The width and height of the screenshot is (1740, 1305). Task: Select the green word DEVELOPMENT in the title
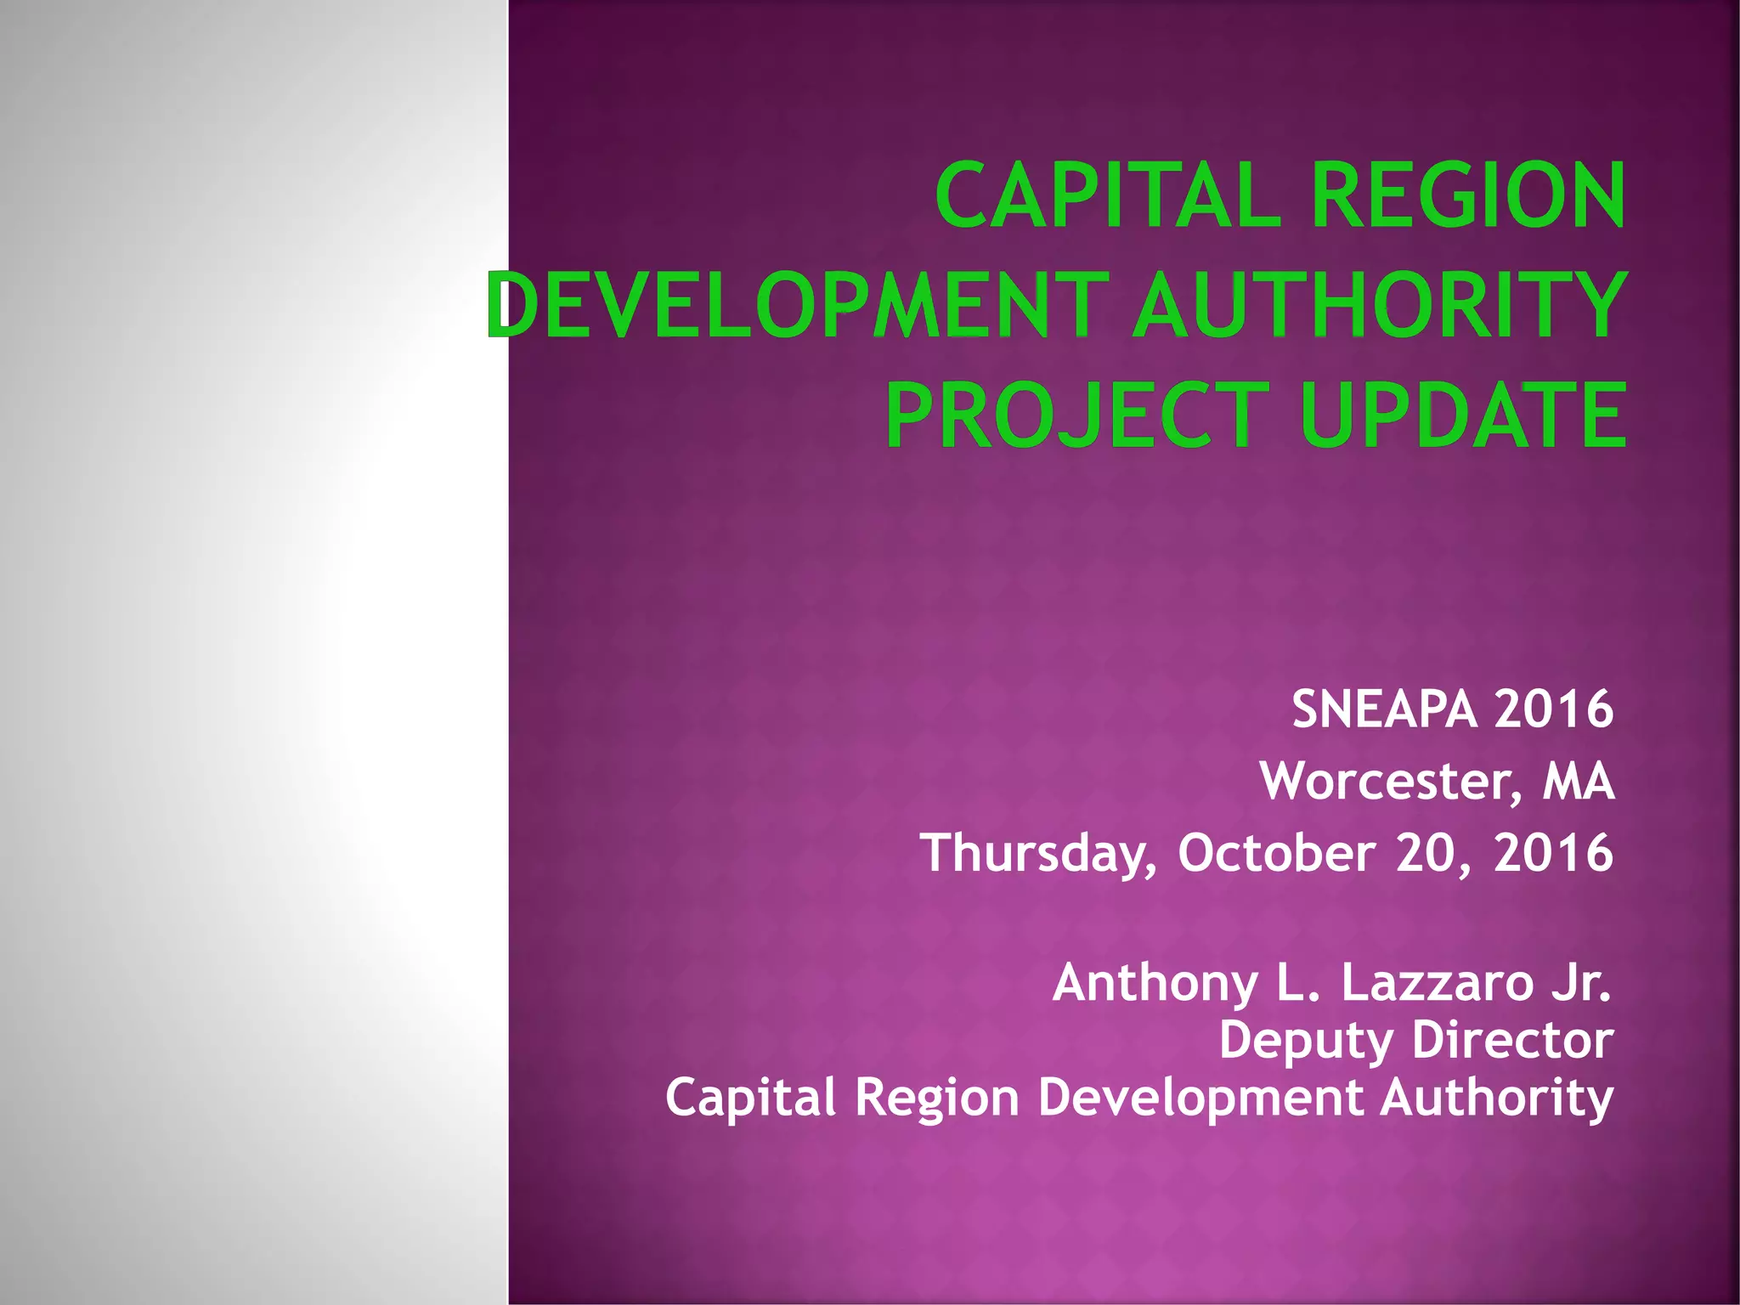click(797, 304)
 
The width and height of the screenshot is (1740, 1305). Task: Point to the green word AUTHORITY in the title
click(1378, 304)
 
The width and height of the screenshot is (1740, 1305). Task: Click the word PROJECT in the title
click(1077, 415)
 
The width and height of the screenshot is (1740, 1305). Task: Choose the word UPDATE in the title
click(1463, 415)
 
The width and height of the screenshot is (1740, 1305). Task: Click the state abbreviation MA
click(1579, 781)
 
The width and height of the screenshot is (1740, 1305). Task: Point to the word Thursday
click(1038, 853)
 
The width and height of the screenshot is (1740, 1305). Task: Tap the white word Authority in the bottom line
click(1496, 1098)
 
